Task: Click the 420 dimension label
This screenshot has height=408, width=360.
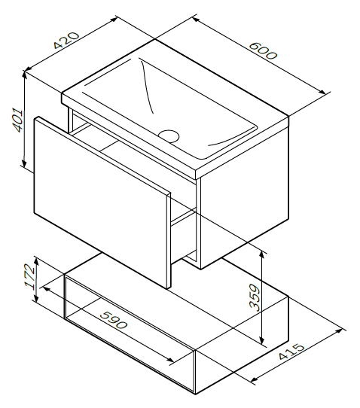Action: point(66,41)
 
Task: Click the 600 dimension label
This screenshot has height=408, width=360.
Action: point(263,50)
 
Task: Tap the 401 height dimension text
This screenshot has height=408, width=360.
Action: point(18,120)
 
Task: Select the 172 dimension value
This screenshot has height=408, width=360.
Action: point(29,277)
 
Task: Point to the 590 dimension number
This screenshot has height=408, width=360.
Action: point(114,320)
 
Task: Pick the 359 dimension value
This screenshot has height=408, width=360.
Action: point(254,297)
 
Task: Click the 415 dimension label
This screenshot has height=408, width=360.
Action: point(291,352)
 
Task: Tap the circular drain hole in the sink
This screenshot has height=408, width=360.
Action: point(169,135)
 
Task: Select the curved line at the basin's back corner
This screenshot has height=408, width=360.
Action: point(146,86)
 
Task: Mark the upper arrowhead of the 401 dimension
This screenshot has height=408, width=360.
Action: point(24,75)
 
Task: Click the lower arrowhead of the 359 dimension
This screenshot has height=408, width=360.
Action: point(262,339)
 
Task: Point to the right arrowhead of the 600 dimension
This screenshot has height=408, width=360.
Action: point(322,92)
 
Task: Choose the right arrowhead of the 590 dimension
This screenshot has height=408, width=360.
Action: point(169,360)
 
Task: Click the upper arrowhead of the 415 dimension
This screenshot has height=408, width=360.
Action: point(339,331)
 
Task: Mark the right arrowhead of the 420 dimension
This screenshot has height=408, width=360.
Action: point(114,20)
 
